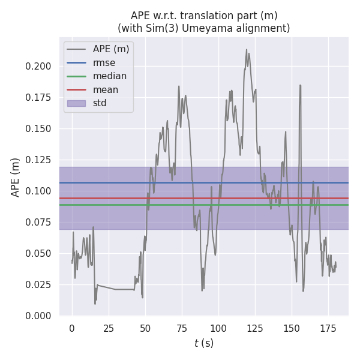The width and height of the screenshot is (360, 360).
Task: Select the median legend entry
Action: click(109, 76)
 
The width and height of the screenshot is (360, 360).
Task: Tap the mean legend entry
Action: click(105, 89)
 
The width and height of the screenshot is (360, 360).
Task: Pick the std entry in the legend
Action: click(100, 103)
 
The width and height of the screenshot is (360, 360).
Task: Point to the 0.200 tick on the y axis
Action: click(39, 66)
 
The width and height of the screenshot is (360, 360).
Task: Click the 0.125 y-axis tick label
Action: click(39, 160)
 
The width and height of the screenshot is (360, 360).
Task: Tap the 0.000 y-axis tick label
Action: click(39, 316)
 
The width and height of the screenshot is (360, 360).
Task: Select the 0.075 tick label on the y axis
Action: click(39, 222)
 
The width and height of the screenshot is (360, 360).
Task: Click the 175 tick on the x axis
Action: click(328, 329)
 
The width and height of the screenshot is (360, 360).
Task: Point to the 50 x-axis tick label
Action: click(145, 329)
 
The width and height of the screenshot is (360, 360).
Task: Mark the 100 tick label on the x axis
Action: click(218, 329)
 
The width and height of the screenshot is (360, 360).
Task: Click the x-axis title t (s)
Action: click(204, 343)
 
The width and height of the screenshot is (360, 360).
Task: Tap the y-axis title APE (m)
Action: click(16, 177)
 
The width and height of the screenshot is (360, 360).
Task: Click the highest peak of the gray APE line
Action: click(247, 50)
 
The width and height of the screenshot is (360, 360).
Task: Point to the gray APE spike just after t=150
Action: click(300, 85)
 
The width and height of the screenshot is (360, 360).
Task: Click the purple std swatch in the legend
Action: click(76, 103)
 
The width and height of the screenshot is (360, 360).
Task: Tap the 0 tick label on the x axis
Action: click(72, 329)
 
